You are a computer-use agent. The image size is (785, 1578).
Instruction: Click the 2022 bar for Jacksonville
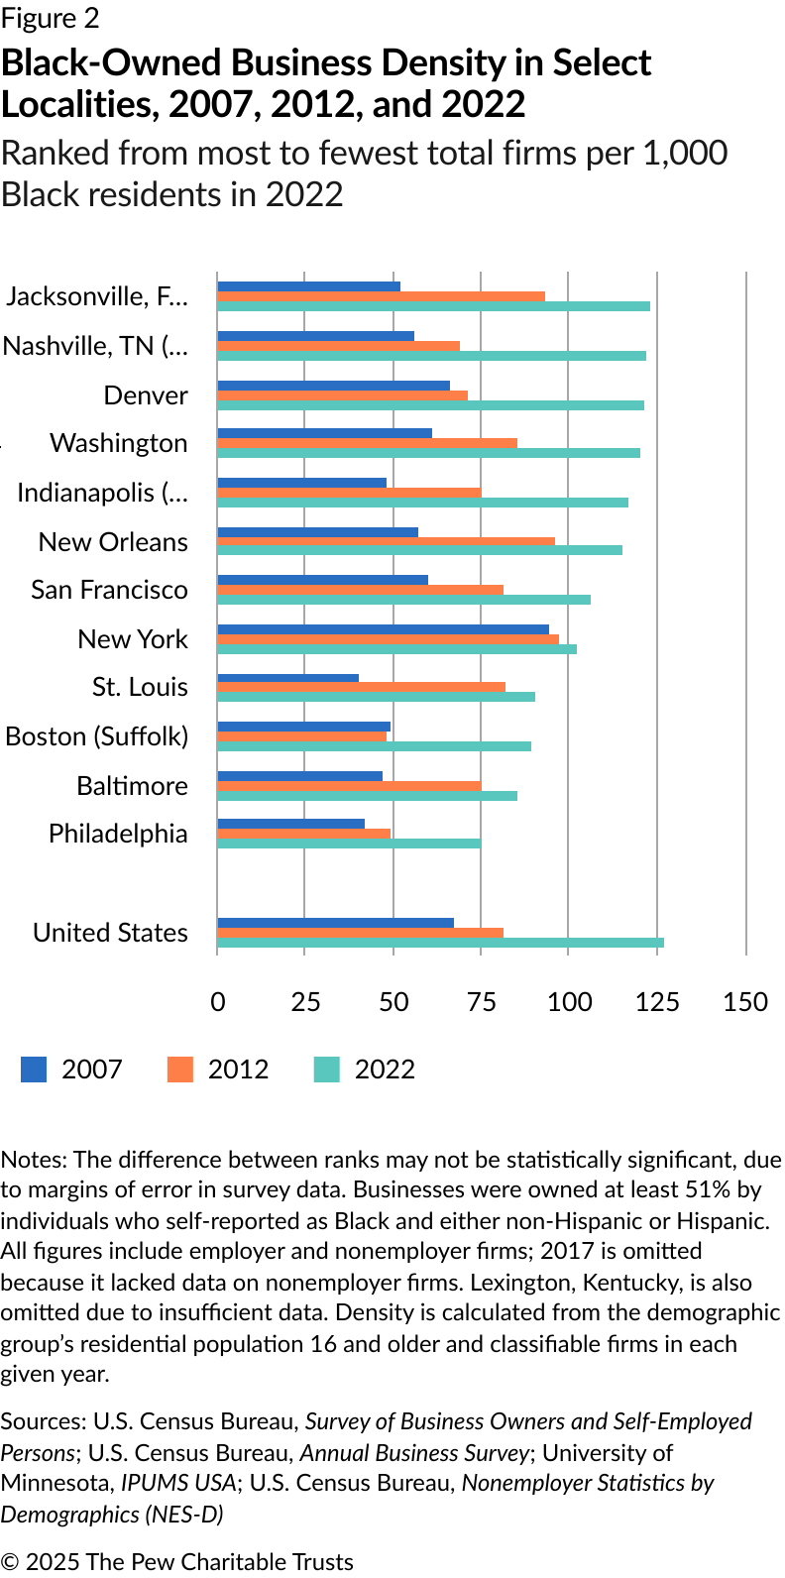tap(433, 306)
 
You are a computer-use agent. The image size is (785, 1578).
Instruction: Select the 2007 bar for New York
tap(383, 629)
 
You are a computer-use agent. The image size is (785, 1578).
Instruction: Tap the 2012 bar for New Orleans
tap(386, 541)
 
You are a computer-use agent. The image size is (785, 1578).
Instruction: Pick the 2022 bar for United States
tap(440, 943)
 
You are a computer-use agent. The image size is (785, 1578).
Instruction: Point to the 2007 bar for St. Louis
tap(287, 678)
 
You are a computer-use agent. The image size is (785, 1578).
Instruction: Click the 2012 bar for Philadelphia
tap(303, 834)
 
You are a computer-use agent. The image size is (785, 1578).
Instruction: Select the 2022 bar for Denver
tap(430, 405)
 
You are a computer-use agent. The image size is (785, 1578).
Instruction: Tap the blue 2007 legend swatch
tap(34, 1070)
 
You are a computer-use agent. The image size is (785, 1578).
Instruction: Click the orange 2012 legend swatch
tap(180, 1070)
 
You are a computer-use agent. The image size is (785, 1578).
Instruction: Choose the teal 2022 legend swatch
tap(327, 1070)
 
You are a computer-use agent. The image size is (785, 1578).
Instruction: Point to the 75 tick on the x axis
tap(481, 1001)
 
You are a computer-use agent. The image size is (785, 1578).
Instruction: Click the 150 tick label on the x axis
tap(745, 1001)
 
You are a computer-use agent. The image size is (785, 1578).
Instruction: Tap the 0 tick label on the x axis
tap(218, 1001)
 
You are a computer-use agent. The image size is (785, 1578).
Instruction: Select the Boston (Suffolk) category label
tap(96, 736)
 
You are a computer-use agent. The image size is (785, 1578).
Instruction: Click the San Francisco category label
tap(109, 590)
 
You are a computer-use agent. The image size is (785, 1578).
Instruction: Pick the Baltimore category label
tap(132, 786)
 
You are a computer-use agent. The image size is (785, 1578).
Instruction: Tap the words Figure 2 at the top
tap(51, 19)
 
